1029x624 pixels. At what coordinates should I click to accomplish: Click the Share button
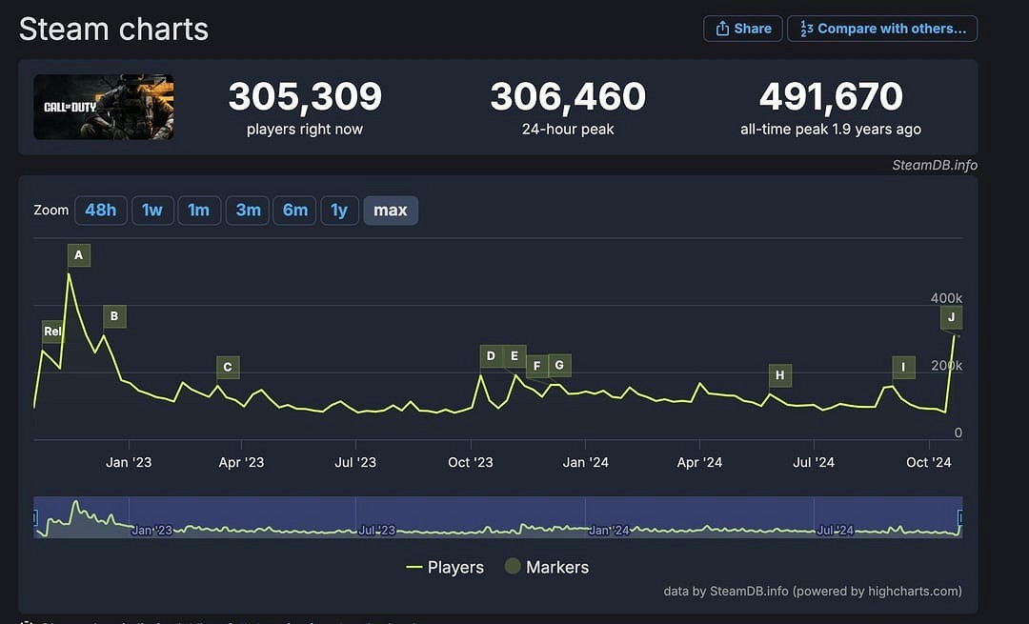coord(743,29)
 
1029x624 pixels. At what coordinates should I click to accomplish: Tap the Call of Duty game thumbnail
coord(104,107)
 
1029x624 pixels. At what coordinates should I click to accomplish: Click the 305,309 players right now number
coord(305,97)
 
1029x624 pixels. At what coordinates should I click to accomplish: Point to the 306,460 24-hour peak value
coord(568,97)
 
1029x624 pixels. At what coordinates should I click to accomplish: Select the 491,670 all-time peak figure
coord(831,97)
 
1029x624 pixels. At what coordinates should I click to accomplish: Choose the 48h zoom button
coord(101,211)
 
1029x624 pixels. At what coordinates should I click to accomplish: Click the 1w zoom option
coord(152,211)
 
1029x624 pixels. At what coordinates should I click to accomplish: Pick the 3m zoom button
coord(249,211)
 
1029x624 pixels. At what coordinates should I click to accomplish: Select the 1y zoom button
coord(339,211)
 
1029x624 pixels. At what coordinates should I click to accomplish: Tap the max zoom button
coord(391,211)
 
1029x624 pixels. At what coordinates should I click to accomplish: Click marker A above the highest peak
coord(79,255)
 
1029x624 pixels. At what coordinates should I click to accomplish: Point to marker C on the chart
coord(227,367)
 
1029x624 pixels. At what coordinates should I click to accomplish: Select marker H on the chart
coord(780,375)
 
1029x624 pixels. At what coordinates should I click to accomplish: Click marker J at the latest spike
coord(951,317)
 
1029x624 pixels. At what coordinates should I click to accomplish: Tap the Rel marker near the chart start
coord(52,332)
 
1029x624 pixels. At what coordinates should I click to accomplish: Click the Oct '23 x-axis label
coord(471,463)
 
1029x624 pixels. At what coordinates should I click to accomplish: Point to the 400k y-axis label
coord(946,298)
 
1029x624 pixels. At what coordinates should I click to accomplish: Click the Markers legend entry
coord(547,567)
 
